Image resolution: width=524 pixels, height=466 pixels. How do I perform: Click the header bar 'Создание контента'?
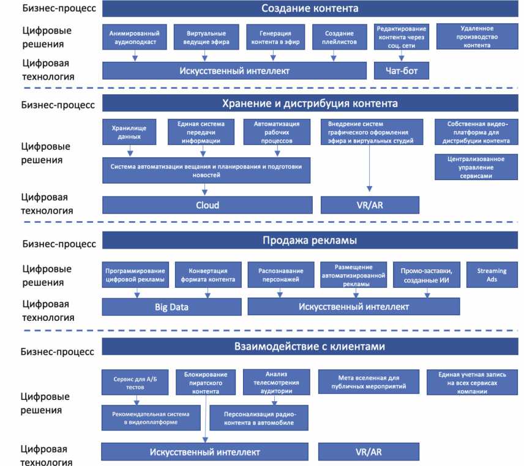[310, 9]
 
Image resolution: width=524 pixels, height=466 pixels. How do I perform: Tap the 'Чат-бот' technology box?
[402, 70]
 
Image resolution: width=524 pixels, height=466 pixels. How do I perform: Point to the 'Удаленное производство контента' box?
[477, 37]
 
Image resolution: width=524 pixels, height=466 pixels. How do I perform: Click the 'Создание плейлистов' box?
[334, 37]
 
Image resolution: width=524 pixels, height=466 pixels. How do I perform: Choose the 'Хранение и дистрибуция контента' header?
[310, 103]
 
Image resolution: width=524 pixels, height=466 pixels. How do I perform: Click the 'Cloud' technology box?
[207, 205]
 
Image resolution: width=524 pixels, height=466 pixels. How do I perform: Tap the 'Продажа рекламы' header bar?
[310, 239]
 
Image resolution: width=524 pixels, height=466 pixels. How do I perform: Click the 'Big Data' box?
[171, 306]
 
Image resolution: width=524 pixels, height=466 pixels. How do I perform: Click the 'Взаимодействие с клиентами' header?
[310, 347]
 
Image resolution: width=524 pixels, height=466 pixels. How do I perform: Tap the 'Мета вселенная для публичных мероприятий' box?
[369, 381]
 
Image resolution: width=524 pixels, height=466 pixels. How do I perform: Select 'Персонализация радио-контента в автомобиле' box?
[258, 418]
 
